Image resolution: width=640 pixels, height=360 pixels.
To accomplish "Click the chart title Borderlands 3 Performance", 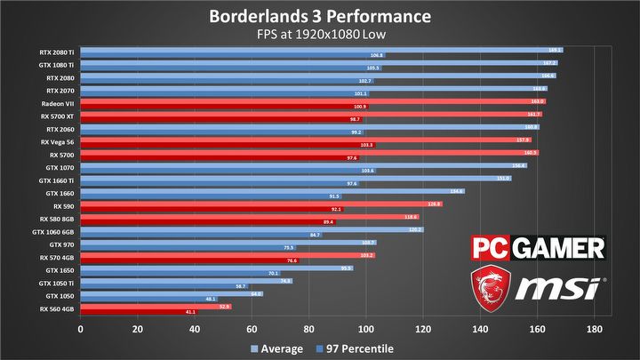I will [x=319, y=16].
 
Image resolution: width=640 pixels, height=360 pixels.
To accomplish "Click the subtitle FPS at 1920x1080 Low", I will [x=320, y=35].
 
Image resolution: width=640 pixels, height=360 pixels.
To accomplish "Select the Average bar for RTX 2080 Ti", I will [x=321, y=50].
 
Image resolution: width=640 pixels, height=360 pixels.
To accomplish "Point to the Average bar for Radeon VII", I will [x=312, y=101].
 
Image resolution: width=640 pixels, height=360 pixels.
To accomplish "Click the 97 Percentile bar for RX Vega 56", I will [x=228, y=145].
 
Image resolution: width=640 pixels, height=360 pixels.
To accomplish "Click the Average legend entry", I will [x=280, y=348].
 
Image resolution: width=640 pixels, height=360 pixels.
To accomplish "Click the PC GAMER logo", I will [x=537, y=248].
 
